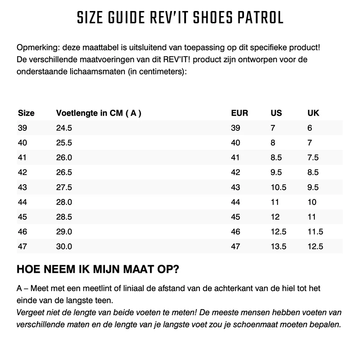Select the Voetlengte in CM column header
point(98,113)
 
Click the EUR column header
point(240,113)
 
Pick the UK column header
point(313,113)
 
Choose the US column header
point(276,113)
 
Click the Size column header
point(26,113)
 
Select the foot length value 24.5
point(64,128)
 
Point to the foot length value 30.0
point(64,246)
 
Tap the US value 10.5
point(279,187)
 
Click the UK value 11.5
point(315,232)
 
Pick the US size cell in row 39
point(273,128)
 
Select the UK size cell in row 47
point(315,246)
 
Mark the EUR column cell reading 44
point(235,202)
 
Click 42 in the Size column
point(22,172)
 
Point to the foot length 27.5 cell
point(64,187)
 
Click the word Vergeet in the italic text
point(31,313)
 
